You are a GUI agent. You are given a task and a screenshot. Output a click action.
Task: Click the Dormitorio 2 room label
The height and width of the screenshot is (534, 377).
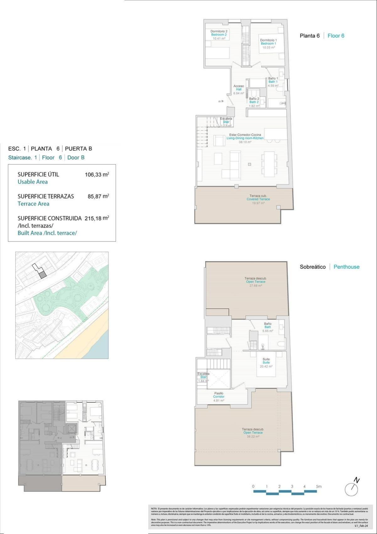219,31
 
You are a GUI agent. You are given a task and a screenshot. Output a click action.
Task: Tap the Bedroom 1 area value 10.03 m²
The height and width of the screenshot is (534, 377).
269,47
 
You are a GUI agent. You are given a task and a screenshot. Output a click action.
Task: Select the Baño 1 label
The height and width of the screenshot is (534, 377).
273,79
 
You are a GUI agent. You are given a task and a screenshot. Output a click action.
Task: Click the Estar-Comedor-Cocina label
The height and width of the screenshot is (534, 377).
245,135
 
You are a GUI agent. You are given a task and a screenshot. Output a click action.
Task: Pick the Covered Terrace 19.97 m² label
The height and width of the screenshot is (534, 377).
258,199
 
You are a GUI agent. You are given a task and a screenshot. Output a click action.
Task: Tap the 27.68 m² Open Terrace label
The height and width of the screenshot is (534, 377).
255,282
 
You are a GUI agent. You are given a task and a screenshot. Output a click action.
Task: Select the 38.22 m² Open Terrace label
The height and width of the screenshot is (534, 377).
253,433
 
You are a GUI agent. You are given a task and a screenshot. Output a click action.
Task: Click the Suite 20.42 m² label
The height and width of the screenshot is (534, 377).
266,362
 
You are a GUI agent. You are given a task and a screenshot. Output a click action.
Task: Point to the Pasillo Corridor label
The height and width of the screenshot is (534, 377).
219,396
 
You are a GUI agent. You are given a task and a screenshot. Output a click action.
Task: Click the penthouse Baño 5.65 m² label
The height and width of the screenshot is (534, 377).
268,327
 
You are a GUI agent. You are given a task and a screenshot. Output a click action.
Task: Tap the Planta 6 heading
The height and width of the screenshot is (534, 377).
309,36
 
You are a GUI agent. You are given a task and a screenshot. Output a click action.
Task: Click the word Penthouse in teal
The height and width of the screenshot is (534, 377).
346,267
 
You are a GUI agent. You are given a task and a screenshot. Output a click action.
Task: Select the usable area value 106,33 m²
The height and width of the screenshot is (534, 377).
97,175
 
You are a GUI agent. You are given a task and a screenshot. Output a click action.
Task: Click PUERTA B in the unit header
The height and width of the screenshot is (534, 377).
78,149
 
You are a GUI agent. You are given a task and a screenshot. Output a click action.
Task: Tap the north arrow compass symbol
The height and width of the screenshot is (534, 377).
352,488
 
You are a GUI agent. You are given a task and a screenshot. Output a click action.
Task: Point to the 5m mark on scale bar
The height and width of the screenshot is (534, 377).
319,487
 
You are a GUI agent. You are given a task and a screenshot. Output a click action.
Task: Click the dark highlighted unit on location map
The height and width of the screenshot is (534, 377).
43,275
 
